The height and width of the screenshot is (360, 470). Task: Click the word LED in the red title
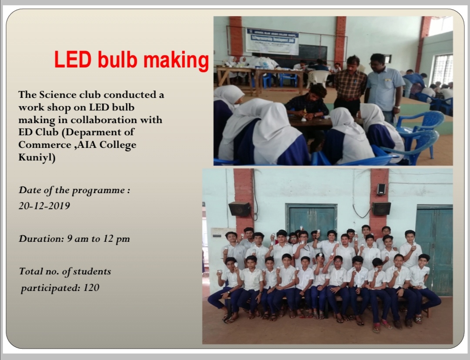(x=73, y=60)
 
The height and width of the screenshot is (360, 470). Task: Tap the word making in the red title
(x=176, y=61)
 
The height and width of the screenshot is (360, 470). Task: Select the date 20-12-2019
(x=44, y=206)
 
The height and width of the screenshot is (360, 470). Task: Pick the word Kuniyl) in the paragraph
(x=37, y=157)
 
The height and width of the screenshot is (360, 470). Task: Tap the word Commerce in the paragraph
(x=45, y=145)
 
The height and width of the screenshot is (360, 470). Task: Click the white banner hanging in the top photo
(x=272, y=42)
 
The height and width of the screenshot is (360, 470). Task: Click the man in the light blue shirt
(x=384, y=87)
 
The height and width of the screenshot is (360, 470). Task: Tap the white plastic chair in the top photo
(x=318, y=78)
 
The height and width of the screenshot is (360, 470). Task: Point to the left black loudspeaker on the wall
(x=239, y=209)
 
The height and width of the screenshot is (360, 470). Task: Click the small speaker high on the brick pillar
(x=381, y=189)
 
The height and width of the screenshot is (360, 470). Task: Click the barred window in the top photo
(x=442, y=70)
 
